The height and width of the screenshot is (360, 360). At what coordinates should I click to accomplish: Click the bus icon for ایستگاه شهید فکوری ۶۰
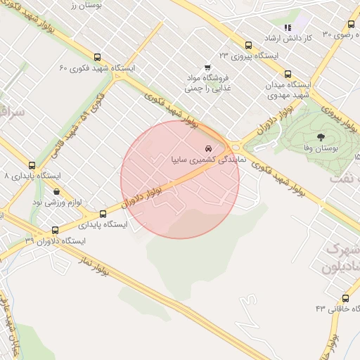(97, 58)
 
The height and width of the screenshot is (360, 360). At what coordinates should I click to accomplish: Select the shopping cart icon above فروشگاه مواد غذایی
(207, 67)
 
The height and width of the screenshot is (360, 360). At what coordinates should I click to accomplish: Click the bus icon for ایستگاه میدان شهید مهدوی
(287, 73)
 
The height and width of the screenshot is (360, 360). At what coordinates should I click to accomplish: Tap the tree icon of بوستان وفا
(321, 137)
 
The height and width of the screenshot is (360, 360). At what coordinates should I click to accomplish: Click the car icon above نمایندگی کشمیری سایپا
(207, 149)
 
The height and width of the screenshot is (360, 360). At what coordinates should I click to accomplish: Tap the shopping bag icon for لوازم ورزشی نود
(56, 191)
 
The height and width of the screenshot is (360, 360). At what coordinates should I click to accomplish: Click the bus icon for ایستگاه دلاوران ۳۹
(56, 229)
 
